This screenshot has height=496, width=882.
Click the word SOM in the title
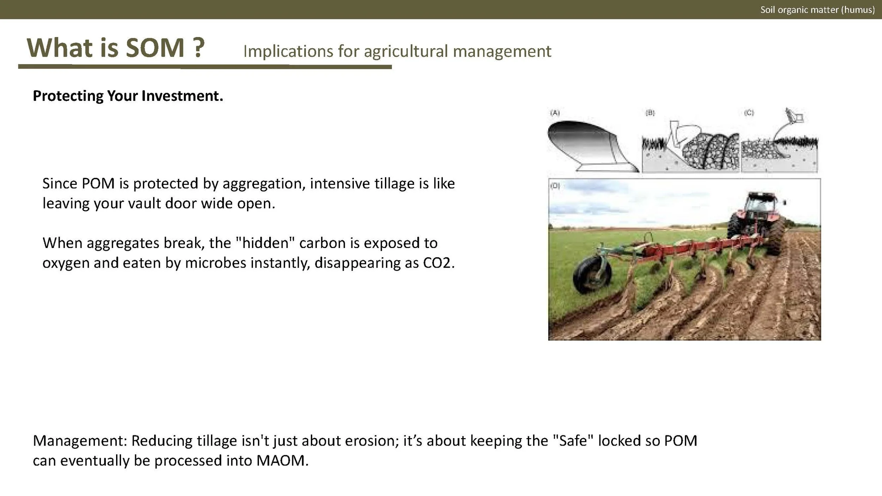pyautogui.click(x=155, y=48)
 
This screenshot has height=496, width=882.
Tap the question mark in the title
pyautogui.click(x=199, y=48)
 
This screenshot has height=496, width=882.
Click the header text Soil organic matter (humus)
pyautogui.click(x=817, y=10)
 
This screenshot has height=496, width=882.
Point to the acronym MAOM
pyautogui.click(x=280, y=461)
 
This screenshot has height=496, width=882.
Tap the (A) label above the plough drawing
pyautogui.click(x=555, y=113)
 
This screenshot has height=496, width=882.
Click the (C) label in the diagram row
pyautogui.click(x=749, y=113)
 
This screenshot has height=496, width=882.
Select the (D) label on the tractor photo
pyautogui.click(x=555, y=186)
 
